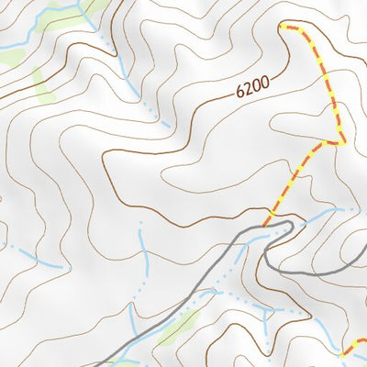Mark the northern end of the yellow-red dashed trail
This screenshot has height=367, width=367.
[281, 27]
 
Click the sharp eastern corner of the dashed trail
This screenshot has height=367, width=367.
[341, 142]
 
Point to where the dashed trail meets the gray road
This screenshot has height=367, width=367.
[268, 223]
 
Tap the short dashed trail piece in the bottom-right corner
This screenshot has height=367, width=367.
[354, 347]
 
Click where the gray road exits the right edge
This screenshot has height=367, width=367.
[364, 267]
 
